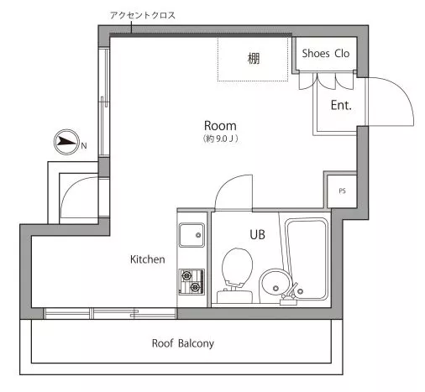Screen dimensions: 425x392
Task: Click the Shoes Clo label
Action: pos(326,53)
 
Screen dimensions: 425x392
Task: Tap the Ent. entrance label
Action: pos(341,105)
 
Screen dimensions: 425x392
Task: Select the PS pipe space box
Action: pos(342,191)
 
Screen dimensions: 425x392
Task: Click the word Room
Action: pos(220,126)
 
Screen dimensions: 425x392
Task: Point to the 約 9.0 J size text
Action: pos(221,139)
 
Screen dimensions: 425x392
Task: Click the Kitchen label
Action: pos(148,259)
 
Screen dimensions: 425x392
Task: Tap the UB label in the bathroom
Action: pos(257,235)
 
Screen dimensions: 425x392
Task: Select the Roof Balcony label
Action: pos(183,343)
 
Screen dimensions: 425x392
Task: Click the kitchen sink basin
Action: pos(192,235)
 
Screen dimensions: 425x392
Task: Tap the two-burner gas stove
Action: pos(192,281)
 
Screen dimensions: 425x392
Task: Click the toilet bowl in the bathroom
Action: pos(237,267)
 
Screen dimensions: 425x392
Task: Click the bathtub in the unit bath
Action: pos(307,259)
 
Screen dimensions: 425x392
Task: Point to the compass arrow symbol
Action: pos(67,142)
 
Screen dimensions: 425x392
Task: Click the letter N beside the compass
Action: pos(84,146)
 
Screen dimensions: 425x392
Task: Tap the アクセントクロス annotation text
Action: pos(143,15)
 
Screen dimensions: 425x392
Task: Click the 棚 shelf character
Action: pos(254,59)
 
